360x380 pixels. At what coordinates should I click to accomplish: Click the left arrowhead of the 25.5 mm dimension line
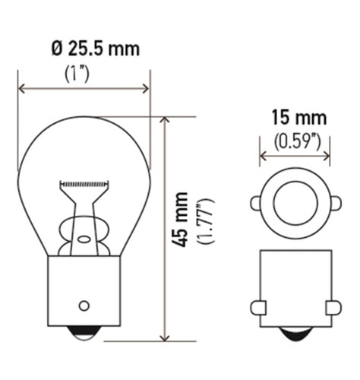[22, 89]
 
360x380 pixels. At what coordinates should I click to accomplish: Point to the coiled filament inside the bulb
[84, 184]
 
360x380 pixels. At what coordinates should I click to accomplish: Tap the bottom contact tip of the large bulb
[84, 334]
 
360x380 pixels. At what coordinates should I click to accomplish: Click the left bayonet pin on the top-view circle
[256, 202]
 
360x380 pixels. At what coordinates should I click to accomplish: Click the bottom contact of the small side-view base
[295, 334]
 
